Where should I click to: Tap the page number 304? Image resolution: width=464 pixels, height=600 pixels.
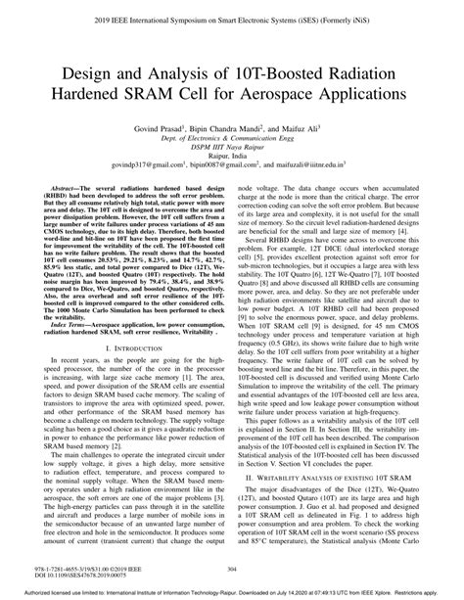coord(231,572)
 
